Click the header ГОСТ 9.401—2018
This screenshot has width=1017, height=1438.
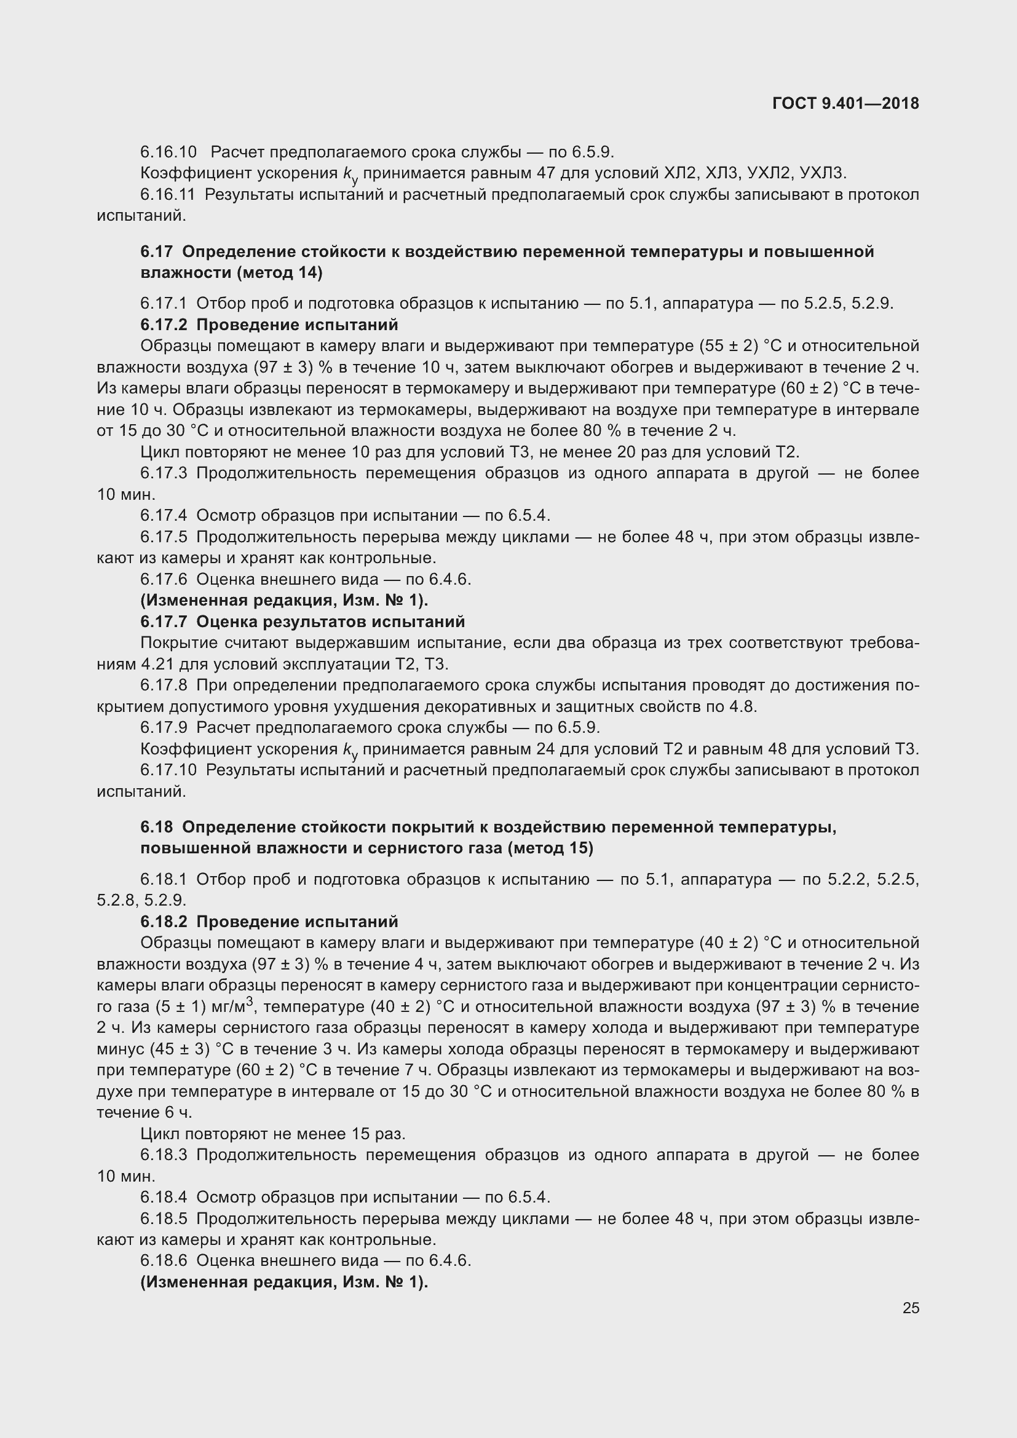point(845,103)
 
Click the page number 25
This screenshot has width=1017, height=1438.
point(911,1308)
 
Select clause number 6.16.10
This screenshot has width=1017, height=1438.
point(168,152)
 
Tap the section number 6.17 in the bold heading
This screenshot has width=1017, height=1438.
point(156,252)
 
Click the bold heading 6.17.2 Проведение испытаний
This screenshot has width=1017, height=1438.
point(269,325)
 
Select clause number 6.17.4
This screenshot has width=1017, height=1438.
point(164,515)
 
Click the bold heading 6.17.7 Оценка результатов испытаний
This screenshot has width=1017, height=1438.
point(303,622)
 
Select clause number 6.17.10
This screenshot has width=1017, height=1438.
point(168,770)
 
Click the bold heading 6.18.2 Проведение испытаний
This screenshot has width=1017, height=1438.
point(269,922)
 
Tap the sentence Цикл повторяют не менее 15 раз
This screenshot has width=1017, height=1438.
point(273,1134)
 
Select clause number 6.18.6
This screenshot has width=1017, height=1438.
point(164,1261)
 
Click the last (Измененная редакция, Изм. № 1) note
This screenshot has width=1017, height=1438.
point(284,1282)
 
